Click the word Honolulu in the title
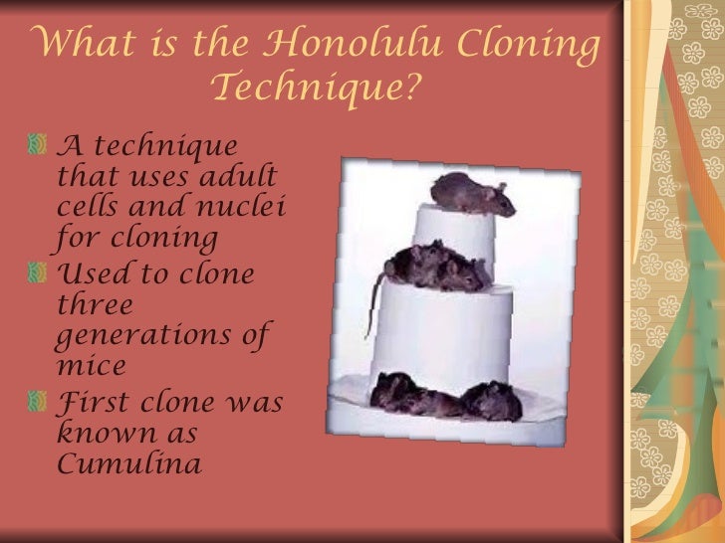[347, 45]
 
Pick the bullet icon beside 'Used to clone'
[39, 272]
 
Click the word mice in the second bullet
[93, 365]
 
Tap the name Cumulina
[130, 463]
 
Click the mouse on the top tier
[470, 193]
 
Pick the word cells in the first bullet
[93, 208]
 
